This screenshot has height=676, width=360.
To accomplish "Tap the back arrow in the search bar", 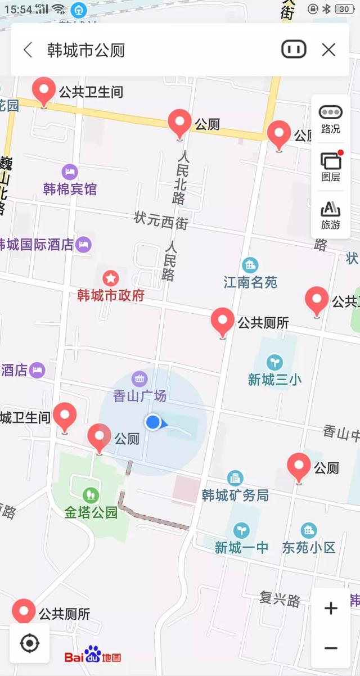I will point(28,50).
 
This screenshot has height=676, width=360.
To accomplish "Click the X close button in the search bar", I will point(328,50).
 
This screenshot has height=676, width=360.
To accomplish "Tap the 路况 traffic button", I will point(331,119).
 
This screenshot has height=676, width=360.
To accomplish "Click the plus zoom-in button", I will point(331,609).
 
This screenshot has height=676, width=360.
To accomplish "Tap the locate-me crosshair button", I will point(29,643).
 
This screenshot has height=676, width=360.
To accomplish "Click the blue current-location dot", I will point(152,422).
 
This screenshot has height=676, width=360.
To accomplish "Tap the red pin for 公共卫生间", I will point(44,90).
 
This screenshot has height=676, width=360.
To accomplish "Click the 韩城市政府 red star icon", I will point(111,277).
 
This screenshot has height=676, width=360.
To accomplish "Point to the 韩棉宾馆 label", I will point(70,189).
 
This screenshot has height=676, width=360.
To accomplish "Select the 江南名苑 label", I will point(250,282).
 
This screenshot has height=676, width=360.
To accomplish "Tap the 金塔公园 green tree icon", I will point(90,495).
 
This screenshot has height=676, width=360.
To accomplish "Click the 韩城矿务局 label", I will point(235,495).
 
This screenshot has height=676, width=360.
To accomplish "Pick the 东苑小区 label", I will point(309,547).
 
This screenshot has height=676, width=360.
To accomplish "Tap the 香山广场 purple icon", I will point(139,378).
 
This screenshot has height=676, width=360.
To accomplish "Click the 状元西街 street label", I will point(161,220).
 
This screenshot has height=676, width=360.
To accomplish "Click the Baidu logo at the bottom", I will point(92,656).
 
